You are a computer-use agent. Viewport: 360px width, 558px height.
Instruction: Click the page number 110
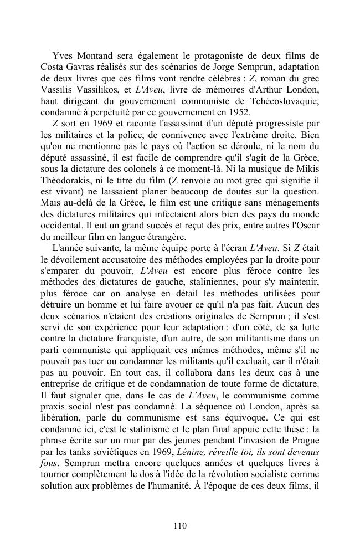[179, 526]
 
